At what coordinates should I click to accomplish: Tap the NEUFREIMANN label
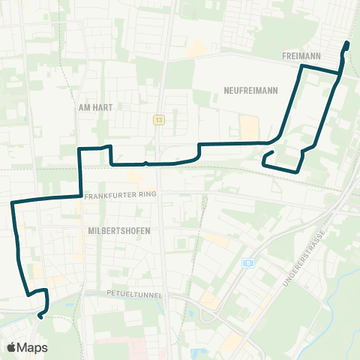250,91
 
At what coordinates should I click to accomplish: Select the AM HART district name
95,107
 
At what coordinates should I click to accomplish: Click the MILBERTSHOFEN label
118,230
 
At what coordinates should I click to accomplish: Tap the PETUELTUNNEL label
135,295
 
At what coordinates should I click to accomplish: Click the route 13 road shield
159,119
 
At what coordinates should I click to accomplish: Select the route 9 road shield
246,262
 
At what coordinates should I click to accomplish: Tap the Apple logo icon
11,347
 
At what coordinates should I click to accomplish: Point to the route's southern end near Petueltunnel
39,316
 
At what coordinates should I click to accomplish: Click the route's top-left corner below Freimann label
302,67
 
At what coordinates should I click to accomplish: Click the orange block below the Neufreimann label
247,126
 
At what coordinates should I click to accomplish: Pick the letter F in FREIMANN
286,56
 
